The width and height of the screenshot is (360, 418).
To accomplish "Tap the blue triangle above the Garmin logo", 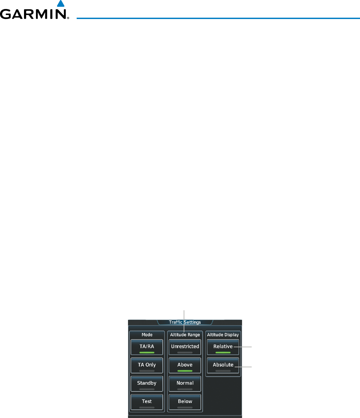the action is pos(60,4).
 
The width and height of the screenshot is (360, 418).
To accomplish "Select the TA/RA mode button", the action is pos(147,347).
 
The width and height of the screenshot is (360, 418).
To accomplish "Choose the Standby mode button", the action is pos(147,384).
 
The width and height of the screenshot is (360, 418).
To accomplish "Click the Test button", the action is pos(147,402).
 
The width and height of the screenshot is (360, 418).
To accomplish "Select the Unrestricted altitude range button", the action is pos(185,347).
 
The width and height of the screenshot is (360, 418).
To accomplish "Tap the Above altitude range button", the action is pos(185,365).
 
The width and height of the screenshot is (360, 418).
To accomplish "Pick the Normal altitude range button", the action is pos(185,384).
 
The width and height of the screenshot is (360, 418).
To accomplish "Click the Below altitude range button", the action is pos(185,402).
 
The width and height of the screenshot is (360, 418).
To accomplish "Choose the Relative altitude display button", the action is pos(223,347).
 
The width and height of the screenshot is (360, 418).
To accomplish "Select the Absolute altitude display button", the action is pos(223,365).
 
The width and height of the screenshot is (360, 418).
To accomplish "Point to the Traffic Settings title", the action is pos(185,322).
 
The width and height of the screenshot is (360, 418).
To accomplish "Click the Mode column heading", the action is pos(147,335).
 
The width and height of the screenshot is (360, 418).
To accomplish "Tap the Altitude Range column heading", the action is pos(185,335).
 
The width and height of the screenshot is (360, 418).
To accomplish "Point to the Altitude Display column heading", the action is pos(223,335).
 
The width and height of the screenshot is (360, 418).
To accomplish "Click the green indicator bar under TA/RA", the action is pos(147,353).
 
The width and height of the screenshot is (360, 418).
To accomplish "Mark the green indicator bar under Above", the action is pos(185,371).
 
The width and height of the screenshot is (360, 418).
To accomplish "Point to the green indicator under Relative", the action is pos(223,353).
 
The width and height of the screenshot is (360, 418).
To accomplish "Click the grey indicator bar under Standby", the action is pos(147,389).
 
